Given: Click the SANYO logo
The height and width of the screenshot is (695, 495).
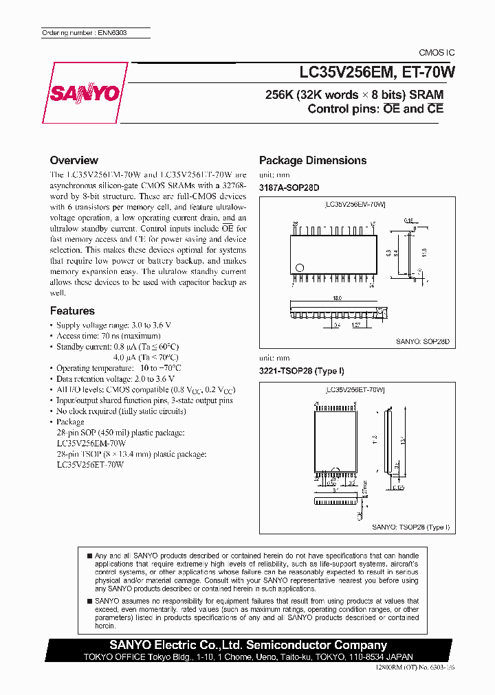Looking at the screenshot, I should (84, 94).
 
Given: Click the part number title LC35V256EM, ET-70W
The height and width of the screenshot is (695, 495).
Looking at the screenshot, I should (371, 71).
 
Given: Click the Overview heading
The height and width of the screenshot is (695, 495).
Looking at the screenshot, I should (74, 160).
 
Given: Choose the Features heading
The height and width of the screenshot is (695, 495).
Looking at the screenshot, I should (72, 310).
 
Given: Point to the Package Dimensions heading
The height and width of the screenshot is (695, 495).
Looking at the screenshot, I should (312, 160).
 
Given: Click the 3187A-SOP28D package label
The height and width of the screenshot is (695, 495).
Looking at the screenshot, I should (289, 187).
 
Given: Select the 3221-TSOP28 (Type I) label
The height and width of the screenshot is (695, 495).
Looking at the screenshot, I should (301, 371).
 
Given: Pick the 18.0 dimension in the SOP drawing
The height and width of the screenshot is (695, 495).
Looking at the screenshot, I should (337, 299).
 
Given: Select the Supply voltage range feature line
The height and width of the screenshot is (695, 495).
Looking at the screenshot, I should (113, 324).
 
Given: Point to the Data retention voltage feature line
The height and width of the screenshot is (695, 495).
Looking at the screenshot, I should (115, 378).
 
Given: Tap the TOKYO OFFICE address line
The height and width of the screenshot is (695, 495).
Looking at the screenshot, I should (248, 656).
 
